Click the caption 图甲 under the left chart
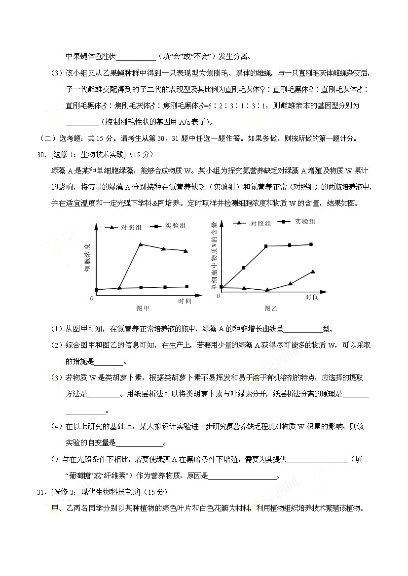143,308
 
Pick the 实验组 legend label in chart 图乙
306,221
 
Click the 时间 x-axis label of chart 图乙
312,297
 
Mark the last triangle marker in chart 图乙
313,271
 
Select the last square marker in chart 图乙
311,244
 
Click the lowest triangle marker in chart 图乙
267,290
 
